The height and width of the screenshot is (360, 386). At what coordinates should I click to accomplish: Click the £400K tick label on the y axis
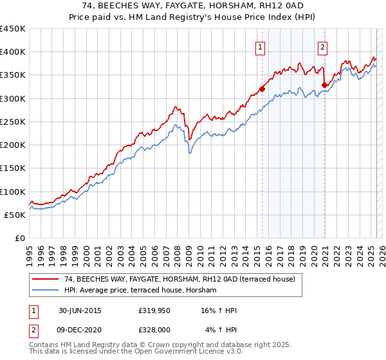[x=13, y=52]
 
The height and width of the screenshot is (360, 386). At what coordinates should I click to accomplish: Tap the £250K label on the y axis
[x=13, y=122]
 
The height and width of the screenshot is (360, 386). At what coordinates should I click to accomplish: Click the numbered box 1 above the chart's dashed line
[x=260, y=46]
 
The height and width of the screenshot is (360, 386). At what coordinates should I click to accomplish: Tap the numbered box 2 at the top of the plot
[x=322, y=46]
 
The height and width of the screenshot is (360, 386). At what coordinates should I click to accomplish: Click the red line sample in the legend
[x=46, y=279]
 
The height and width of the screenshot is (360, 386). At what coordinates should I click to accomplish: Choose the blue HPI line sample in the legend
[x=46, y=291]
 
